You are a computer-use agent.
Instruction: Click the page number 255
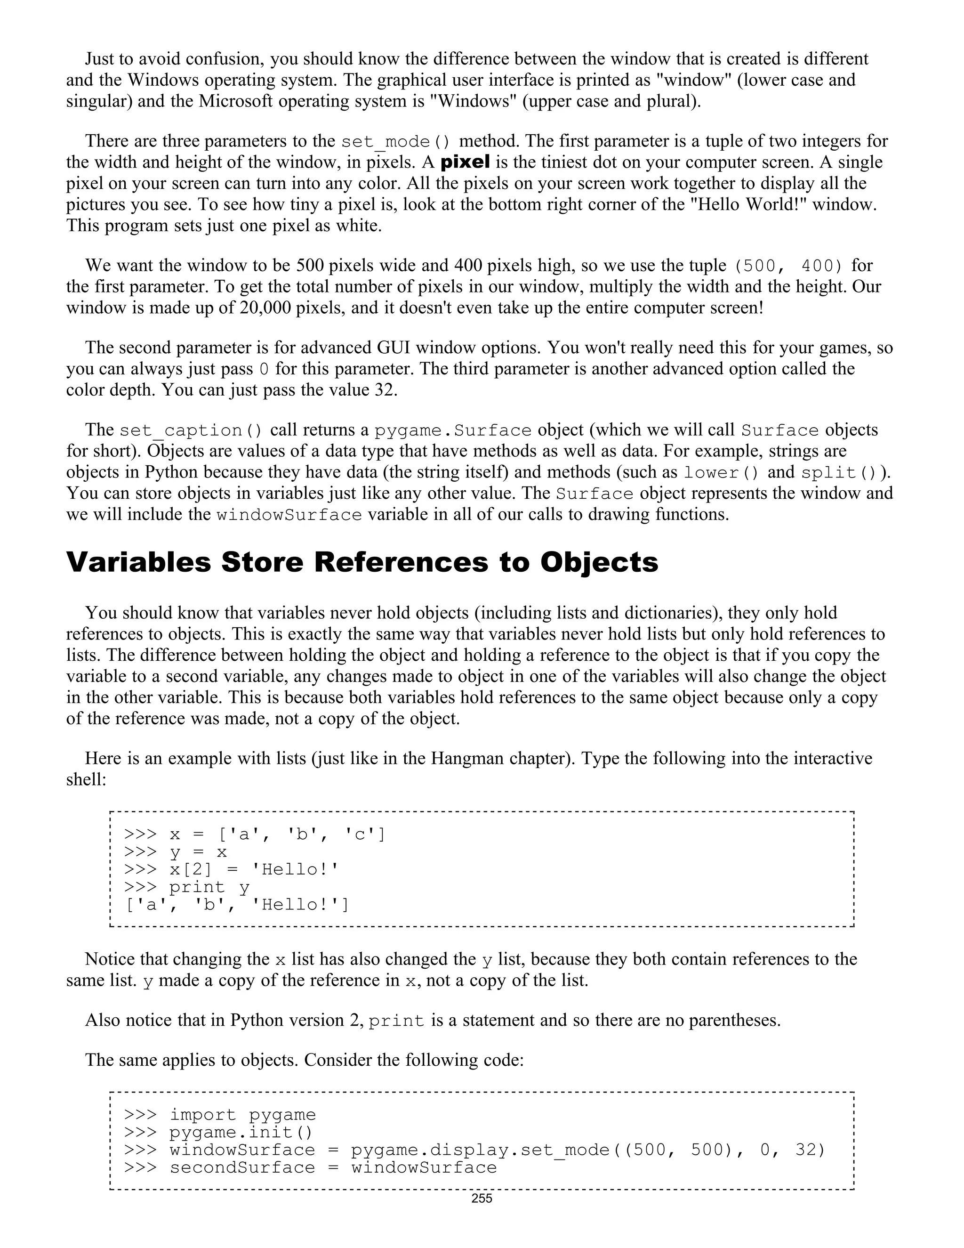click(x=482, y=1198)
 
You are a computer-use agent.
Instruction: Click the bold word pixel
click(x=465, y=162)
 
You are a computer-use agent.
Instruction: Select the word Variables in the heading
click(x=139, y=562)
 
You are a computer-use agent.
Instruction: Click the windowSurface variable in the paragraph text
click(x=289, y=515)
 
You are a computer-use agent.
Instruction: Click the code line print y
click(x=209, y=887)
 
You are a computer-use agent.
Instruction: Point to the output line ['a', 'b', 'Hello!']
click(x=236, y=905)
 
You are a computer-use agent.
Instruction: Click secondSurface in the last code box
click(x=242, y=1167)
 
